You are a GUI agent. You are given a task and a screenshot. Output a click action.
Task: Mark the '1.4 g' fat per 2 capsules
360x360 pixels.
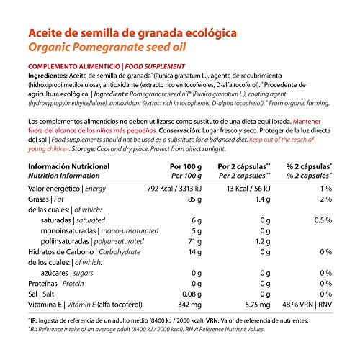click(x=261, y=199)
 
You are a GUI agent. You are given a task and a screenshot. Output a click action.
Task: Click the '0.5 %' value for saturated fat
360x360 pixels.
click(x=323, y=222)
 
